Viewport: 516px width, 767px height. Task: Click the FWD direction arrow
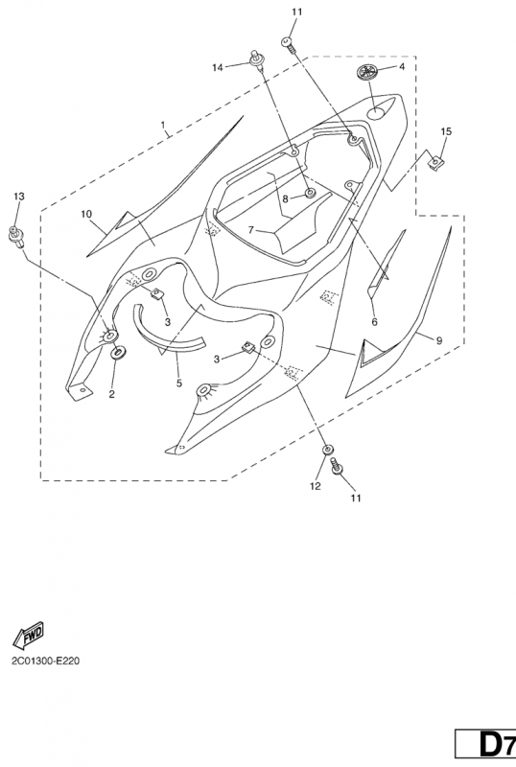tap(29, 635)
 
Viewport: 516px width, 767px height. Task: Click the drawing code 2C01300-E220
tap(46, 662)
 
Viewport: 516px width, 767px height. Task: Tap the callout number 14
tap(218, 67)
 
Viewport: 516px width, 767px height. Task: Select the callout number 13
tap(18, 197)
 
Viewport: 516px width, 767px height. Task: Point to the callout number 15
tap(446, 131)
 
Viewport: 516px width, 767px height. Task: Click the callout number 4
tap(402, 66)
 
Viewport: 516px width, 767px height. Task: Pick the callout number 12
tap(316, 486)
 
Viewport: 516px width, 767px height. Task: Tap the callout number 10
tap(86, 214)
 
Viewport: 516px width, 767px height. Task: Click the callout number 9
tap(439, 340)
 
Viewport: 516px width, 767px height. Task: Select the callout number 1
tap(163, 126)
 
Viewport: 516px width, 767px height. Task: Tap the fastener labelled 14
tap(255, 58)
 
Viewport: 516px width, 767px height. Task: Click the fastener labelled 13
tap(15, 236)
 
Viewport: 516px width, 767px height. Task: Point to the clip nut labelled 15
tap(434, 162)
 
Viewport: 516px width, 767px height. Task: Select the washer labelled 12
tap(327, 449)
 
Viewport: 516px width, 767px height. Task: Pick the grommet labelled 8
tap(310, 194)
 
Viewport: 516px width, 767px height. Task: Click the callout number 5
tap(179, 383)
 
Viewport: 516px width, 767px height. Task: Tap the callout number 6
tap(374, 321)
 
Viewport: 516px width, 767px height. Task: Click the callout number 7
tap(250, 229)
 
